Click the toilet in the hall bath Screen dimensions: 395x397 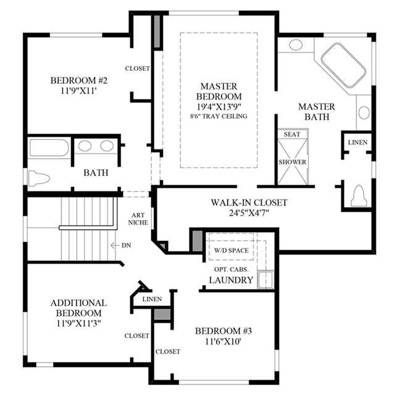(x=39, y=178)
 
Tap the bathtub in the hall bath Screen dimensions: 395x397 (x=49, y=148)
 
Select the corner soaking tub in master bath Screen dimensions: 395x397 (x=343, y=65)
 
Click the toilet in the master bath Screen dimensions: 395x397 (x=359, y=196)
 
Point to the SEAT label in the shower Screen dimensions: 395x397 (x=292, y=134)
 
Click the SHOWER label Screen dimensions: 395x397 (x=293, y=162)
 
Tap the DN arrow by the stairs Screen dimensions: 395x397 (x=115, y=245)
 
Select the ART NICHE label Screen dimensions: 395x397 (x=138, y=219)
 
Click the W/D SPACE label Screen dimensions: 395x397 (x=231, y=251)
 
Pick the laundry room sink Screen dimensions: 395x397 (x=265, y=280)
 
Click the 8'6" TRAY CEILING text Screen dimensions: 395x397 (x=218, y=116)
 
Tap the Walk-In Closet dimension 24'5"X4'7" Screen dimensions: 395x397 (x=249, y=213)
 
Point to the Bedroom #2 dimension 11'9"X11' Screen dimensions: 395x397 (x=79, y=91)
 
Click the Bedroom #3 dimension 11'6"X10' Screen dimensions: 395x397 (x=223, y=341)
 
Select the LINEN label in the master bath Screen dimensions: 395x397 (x=357, y=143)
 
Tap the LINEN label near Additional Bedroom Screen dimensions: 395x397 (x=152, y=299)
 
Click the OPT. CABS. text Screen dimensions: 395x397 (x=231, y=269)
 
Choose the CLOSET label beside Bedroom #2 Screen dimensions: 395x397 (x=138, y=69)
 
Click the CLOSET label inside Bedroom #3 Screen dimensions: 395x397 (x=168, y=351)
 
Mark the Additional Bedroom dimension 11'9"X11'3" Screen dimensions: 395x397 (x=79, y=324)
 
